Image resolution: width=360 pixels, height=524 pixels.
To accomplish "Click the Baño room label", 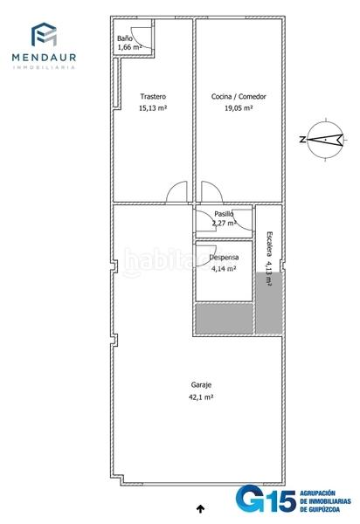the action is click(124, 38).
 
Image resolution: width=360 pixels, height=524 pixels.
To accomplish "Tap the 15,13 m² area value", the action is click(153, 108).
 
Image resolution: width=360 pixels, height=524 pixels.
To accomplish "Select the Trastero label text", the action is click(153, 97).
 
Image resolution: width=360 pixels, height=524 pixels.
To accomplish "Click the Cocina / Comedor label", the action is click(239, 97).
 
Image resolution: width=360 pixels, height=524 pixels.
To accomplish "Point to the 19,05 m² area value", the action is click(239, 108).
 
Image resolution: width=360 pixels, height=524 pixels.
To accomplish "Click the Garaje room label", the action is click(201, 385).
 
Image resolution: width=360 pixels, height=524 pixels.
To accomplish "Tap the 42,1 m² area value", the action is click(201, 397).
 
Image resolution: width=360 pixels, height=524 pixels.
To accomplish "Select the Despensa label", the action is click(224, 258).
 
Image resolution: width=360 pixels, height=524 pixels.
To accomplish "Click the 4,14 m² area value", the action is click(224, 269).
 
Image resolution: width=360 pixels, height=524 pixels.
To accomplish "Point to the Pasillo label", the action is click(224, 214).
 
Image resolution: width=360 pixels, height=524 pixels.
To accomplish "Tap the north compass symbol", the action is click(325, 140).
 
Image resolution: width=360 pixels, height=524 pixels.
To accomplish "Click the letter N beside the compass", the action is click(302, 140).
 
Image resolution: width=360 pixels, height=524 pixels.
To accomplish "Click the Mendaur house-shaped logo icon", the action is click(44, 34).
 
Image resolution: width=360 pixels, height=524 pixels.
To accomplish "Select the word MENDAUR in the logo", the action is click(44, 57).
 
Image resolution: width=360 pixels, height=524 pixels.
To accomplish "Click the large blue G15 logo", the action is click(266, 499).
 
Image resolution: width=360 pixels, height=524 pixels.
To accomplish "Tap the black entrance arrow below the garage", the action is click(200, 508).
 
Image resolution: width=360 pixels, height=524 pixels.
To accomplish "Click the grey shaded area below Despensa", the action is click(224, 318).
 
